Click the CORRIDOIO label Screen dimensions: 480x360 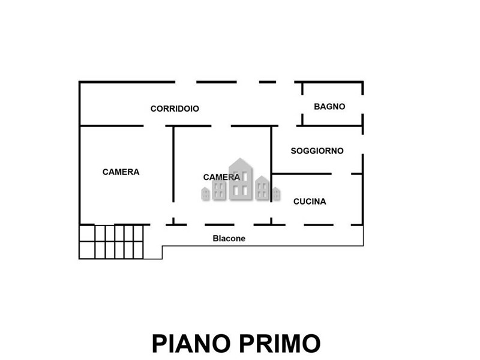[x=175, y=109]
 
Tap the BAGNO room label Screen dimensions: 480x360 [x=329, y=107]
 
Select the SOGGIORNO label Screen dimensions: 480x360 [x=317, y=151]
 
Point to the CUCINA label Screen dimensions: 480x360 [x=310, y=202]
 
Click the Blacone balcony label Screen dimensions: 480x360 [x=229, y=238]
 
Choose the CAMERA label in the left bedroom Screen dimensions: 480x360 [x=121, y=172]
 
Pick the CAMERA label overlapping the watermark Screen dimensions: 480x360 [x=221, y=177]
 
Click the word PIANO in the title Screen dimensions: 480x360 [x=191, y=343]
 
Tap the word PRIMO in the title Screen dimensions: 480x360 [x=280, y=343]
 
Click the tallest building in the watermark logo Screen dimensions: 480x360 [x=241, y=179]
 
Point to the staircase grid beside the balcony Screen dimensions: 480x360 [x=111, y=242]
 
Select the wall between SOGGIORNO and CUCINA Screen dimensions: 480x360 [x=302, y=174]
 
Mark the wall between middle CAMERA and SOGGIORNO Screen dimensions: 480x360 [x=271, y=164]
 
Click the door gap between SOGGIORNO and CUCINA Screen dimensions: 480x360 [x=341, y=174]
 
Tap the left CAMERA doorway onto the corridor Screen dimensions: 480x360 [x=155, y=126]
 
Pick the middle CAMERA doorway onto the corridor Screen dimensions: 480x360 [x=221, y=126]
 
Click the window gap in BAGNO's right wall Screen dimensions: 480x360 [x=363, y=104]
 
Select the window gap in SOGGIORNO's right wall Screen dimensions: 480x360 [x=363, y=144]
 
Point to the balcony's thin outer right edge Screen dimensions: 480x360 [x=364, y=235]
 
